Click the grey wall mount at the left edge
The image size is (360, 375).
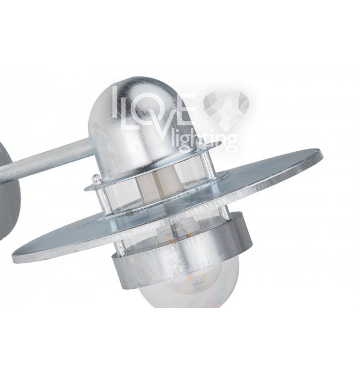tap(9, 191)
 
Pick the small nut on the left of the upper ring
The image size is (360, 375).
tap(96, 179)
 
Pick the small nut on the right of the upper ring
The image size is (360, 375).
tap(202, 142)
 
